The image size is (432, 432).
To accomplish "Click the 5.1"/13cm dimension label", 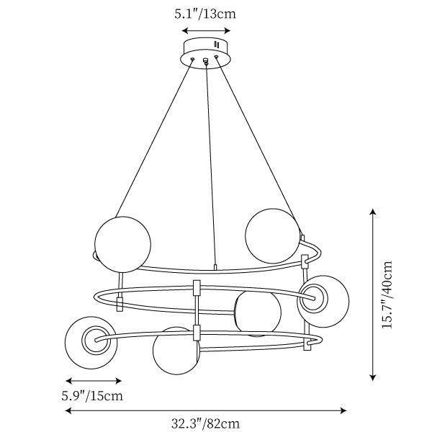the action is (x=205, y=14).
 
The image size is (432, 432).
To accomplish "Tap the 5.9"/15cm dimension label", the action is (x=92, y=396).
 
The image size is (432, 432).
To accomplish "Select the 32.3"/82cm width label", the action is (x=205, y=423).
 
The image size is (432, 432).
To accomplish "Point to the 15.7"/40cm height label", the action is (x=387, y=294).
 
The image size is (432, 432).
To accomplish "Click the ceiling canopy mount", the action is (x=205, y=53).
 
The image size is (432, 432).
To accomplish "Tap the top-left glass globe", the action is (x=122, y=244).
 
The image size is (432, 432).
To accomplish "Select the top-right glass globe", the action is (x=272, y=235).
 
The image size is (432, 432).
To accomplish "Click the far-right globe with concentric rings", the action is (x=323, y=301).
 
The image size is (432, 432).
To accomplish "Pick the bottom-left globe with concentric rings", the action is (x=91, y=343).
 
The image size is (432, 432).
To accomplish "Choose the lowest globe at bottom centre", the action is (x=176, y=351).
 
